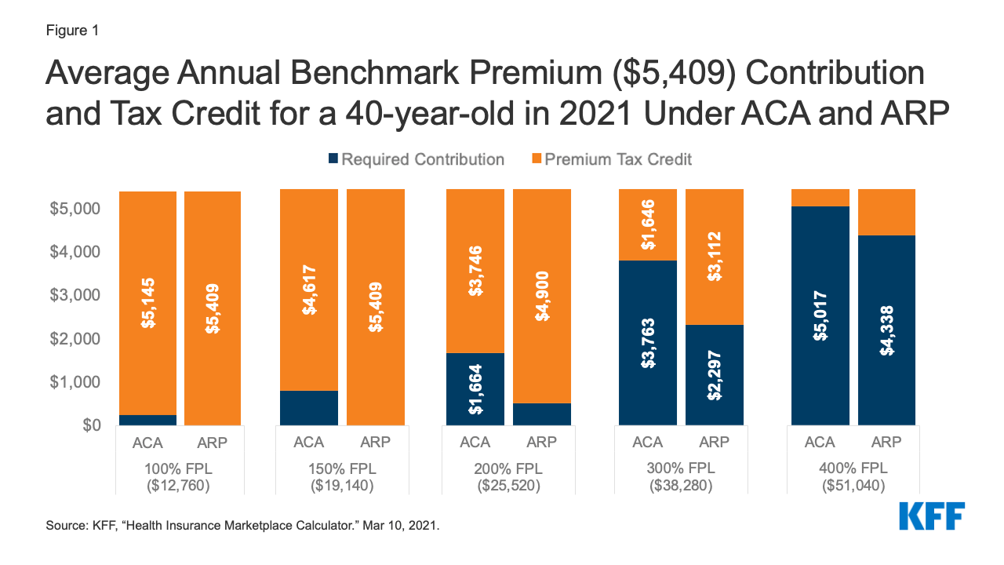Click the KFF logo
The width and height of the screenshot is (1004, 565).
(931, 516)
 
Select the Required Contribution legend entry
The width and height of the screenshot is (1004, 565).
(417, 159)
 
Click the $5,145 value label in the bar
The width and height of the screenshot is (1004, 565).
(147, 302)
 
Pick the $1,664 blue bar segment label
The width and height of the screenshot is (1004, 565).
(475, 388)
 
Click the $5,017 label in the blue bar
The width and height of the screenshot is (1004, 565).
(820, 315)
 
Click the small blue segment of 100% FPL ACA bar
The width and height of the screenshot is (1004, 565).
(147, 420)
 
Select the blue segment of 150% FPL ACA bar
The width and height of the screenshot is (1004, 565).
(309, 408)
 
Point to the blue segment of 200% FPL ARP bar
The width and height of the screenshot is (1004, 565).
(542, 414)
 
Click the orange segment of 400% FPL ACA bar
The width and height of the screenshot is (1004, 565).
(820, 198)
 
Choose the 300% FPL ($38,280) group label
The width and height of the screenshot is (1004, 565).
(681, 477)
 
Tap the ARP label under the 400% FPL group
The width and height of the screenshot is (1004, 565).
(886, 443)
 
